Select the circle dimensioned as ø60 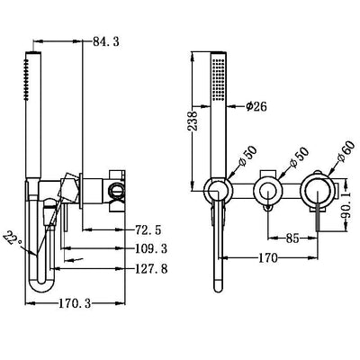pos(318,190)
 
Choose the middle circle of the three pos(265,190)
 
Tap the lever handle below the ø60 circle pos(317,221)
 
